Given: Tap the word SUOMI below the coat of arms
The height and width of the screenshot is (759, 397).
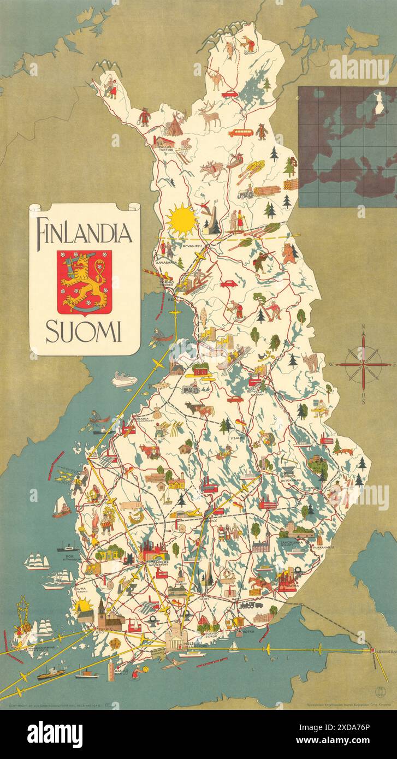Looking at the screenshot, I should tap(84, 332).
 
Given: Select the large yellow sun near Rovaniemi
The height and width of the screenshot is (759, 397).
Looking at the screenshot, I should tap(182, 220).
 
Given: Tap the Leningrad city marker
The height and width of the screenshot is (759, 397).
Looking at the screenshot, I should tap(373, 650).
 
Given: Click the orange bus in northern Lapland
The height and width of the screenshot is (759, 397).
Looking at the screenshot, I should tap(239, 132).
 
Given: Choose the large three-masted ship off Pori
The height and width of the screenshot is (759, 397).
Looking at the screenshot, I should tap(36, 561).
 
